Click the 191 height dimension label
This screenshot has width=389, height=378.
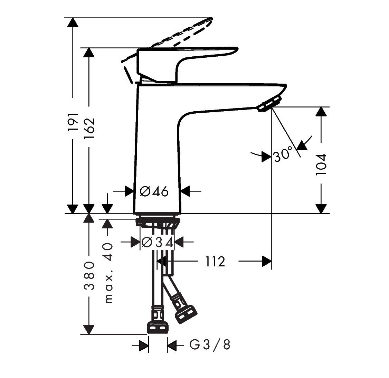coord(73,121)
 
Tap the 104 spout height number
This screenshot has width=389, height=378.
coord(321,165)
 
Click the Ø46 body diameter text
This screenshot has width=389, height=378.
coord(155,191)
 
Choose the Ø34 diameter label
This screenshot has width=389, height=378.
coord(157,243)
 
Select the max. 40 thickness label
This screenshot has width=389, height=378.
coord(108,273)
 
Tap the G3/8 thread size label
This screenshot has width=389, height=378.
coord(210,344)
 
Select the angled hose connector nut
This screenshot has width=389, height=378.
coord(185,313)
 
